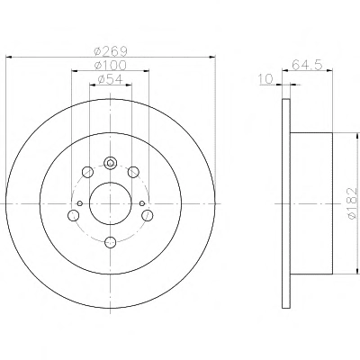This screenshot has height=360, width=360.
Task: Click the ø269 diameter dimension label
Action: (111, 51)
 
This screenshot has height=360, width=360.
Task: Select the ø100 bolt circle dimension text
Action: (111, 65)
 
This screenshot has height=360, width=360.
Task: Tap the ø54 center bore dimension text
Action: (111, 79)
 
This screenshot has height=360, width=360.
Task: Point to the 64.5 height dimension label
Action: (307, 65)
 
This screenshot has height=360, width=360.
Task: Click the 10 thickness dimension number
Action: (266, 79)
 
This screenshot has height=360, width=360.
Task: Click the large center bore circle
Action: (111, 183)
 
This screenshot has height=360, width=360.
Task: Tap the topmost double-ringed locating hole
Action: (111, 163)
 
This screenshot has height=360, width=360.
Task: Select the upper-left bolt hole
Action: (87, 172)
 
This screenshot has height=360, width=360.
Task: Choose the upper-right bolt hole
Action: (133, 172)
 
